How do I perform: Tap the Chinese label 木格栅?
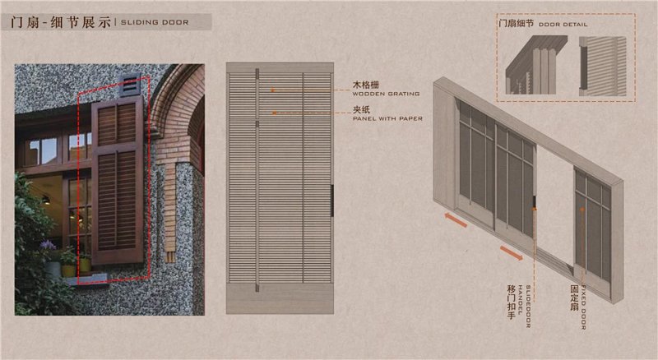(365, 85)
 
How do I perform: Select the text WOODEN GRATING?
(386, 94)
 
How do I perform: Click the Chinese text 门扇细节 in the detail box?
(517, 25)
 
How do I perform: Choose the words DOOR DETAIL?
(568, 25)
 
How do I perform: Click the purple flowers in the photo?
(49, 245)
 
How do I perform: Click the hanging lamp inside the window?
(45, 200)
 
